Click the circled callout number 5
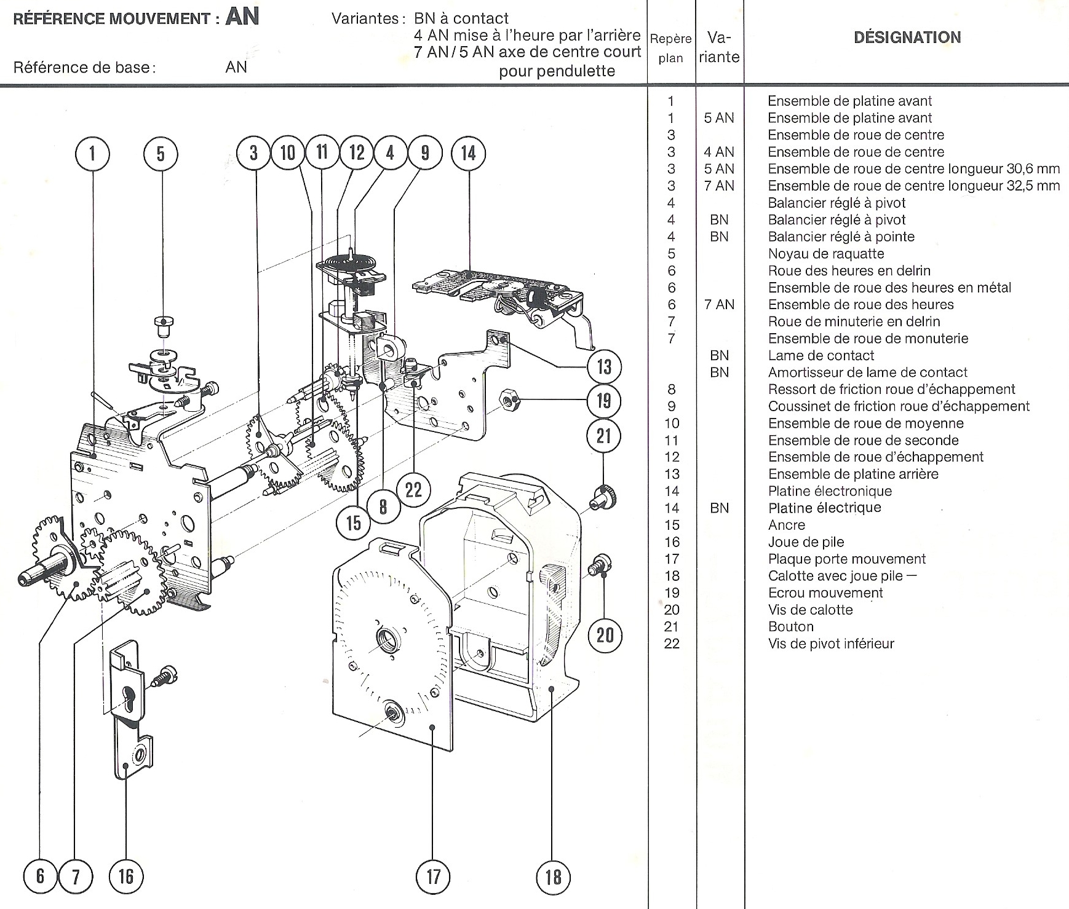pos(161,154)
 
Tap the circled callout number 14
pos(468,153)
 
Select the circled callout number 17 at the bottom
pos(434,876)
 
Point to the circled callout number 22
pos(413,489)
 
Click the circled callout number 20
pos(605,634)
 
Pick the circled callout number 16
pos(125,876)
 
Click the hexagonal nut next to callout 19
pos(508,401)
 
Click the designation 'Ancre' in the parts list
pos(786,525)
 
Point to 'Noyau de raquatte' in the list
pos(825,254)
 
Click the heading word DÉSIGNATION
pos(907,37)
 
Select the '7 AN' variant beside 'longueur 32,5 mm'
pos(718,186)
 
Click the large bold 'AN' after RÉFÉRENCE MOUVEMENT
pos(242,16)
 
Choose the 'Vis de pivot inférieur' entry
pos(830,643)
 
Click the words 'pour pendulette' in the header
pos(557,71)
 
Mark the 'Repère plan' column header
pos(670,48)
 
